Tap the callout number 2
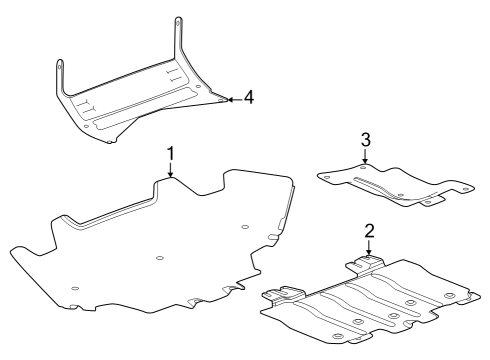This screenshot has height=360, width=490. (x=369, y=231)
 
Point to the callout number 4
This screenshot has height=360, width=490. (x=249, y=97)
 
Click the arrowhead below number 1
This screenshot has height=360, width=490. (x=171, y=177)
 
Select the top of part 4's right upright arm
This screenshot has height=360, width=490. (x=179, y=20)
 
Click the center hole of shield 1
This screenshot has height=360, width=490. (x=160, y=259)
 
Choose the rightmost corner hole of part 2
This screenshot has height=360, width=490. (x=448, y=296)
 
